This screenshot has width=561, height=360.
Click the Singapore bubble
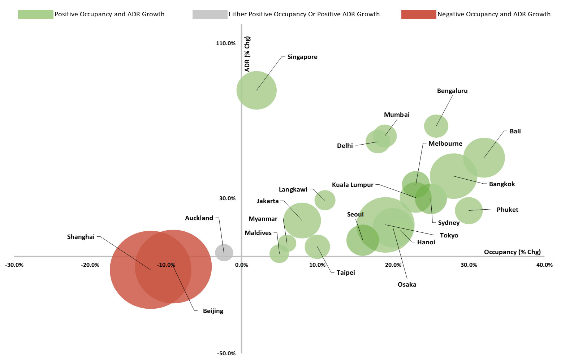point(256,90)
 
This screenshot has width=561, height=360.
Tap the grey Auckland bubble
point(224,253)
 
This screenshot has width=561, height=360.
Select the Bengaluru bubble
point(436,126)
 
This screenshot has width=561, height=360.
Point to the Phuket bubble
point(469,210)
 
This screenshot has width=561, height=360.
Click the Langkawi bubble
point(325,200)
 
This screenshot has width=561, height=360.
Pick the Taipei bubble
point(317,247)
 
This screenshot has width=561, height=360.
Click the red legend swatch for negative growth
point(418,14)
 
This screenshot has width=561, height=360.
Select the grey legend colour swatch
point(210,14)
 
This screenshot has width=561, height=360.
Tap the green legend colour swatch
point(35,14)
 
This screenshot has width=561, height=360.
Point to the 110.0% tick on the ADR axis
point(226,43)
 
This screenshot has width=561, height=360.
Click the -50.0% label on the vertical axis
point(226,353)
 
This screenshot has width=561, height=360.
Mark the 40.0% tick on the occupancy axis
point(544,265)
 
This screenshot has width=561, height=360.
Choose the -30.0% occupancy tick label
point(14,265)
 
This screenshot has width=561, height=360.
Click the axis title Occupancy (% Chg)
point(512,252)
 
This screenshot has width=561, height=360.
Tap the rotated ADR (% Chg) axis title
point(247,54)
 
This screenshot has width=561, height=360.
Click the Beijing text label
point(213,311)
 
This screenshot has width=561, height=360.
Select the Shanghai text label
point(81,237)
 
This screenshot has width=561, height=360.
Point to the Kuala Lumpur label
point(353,185)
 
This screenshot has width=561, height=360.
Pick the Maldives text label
point(258,233)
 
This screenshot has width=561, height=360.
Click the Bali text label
point(515,131)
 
